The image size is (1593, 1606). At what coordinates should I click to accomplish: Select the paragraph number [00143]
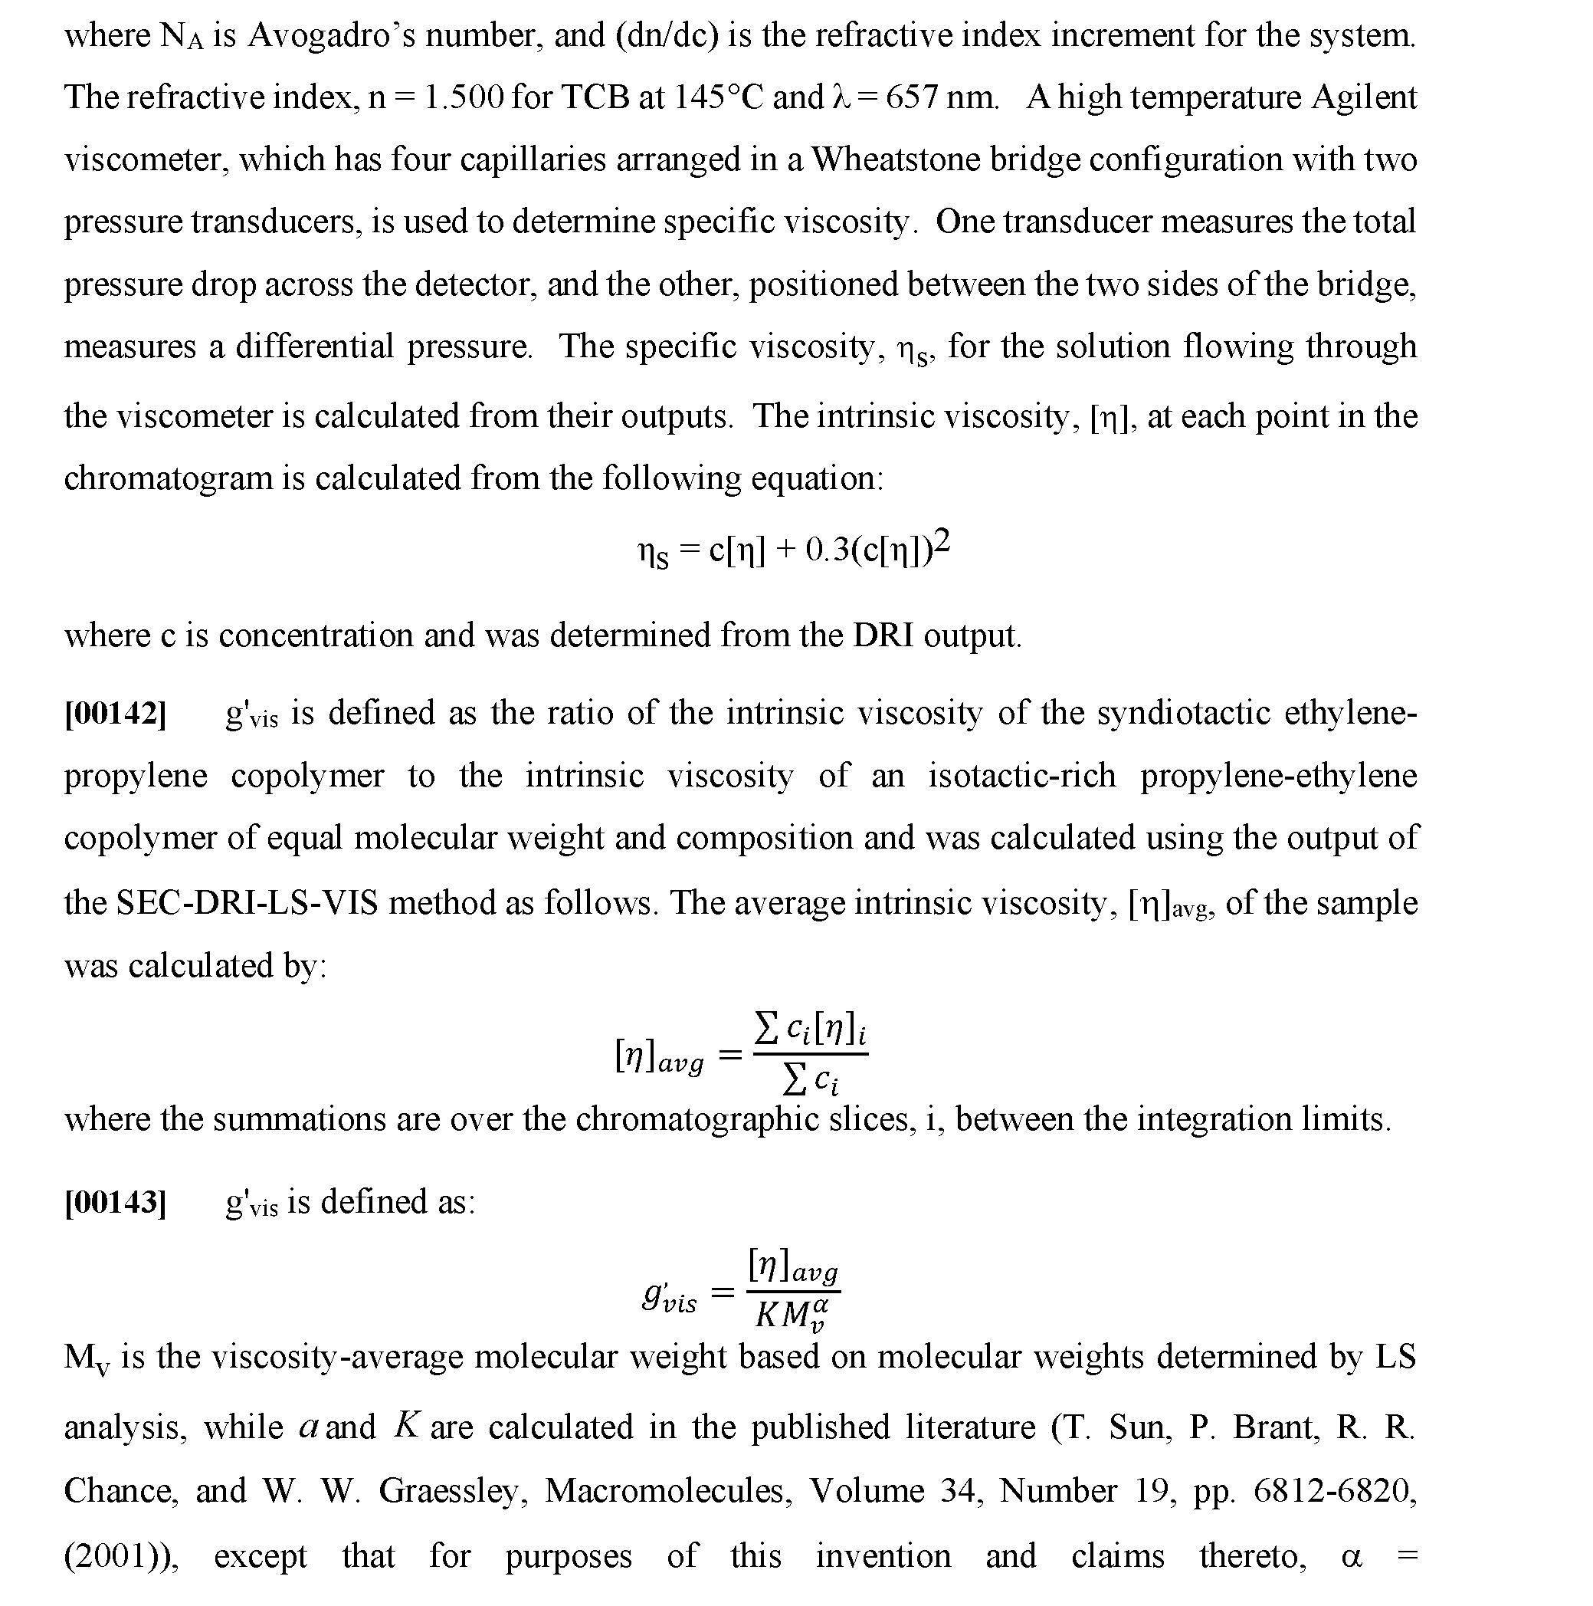point(116,1202)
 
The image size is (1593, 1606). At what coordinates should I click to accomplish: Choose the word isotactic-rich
point(1021,776)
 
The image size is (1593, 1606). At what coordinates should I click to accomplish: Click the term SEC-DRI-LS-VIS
point(247,903)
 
